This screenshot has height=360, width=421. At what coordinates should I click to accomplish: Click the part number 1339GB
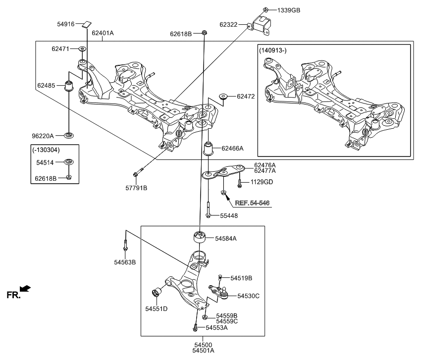[x=289, y=10]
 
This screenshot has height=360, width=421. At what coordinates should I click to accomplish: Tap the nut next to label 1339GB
[x=266, y=9]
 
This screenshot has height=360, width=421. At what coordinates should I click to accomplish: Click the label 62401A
[x=103, y=33]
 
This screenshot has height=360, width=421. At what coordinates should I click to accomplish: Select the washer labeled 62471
[x=82, y=49]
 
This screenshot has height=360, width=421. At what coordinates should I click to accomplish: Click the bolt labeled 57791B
[x=138, y=173]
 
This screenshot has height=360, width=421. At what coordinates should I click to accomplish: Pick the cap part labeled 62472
[x=223, y=97]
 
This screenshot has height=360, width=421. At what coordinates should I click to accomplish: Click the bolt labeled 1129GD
[x=240, y=183]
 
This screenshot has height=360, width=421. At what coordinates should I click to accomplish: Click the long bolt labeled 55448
[x=209, y=210]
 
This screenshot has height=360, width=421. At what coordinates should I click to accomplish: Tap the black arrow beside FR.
[x=25, y=289]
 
